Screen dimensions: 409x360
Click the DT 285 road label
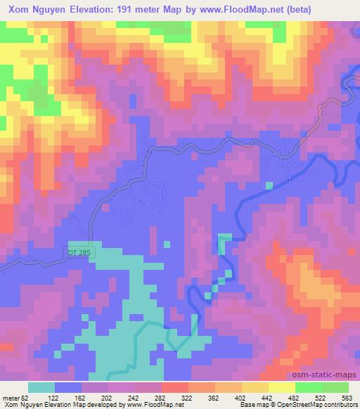point(79,251)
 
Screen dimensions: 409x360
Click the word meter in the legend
point(10,397)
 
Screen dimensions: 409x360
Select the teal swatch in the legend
point(41,387)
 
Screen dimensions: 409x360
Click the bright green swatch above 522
point(309,387)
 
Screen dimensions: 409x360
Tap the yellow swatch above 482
point(282,387)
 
